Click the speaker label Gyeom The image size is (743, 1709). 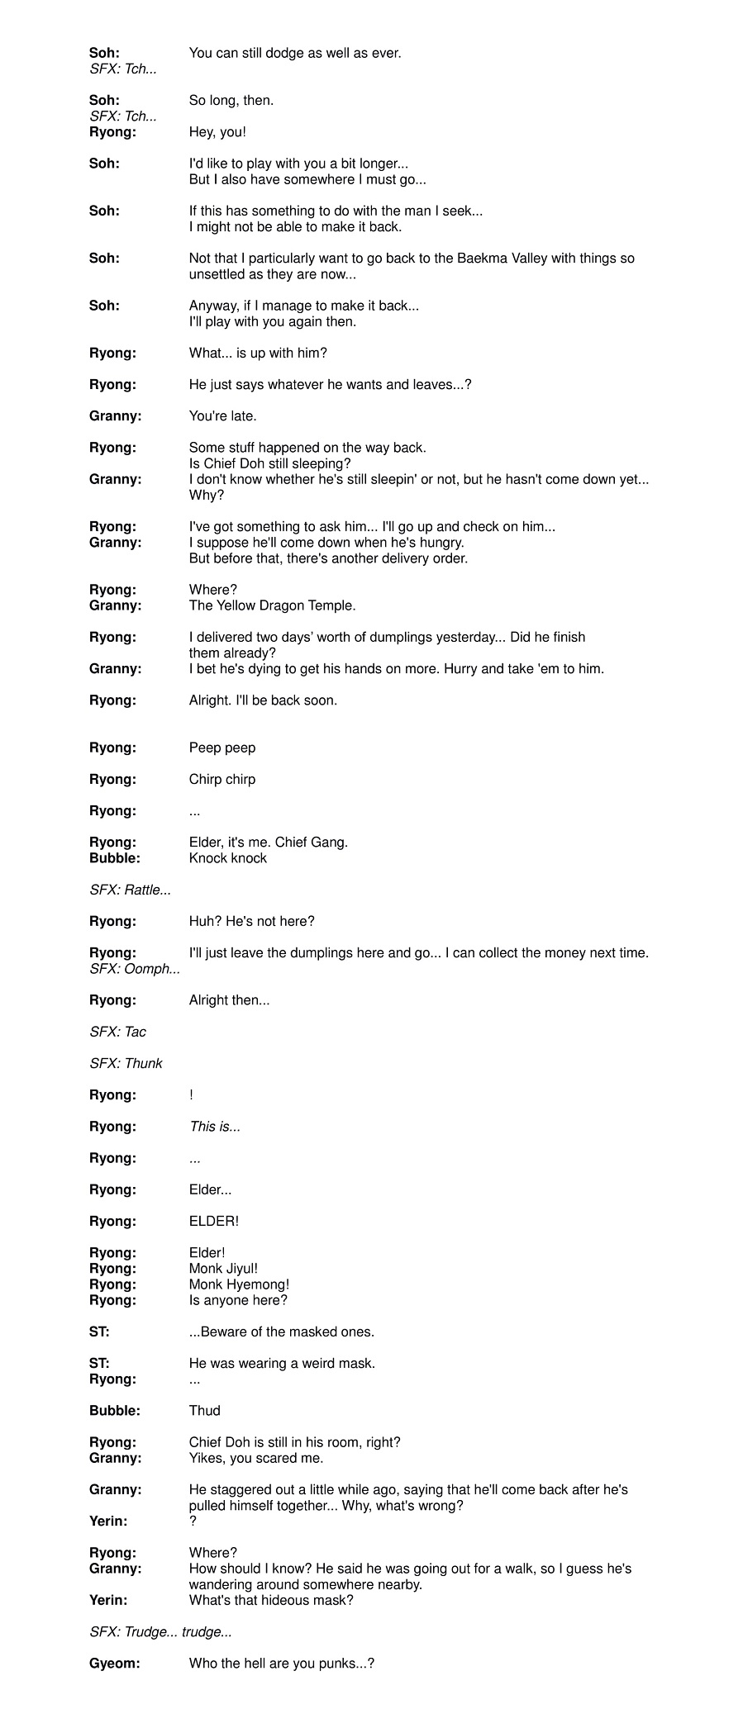coord(114,1664)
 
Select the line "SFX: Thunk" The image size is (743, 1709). coord(126,1063)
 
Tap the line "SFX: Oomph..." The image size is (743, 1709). coord(134,968)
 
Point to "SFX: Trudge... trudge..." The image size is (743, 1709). coord(160,1631)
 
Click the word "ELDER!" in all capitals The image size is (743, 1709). coord(213,1221)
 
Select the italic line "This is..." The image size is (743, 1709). coord(215,1127)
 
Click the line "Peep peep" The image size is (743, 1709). coord(222,748)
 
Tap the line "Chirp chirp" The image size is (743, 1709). coord(222,779)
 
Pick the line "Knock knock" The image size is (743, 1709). coord(228,858)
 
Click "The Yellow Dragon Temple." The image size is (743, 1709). coord(272,605)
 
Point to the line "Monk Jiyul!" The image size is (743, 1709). coord(223,1268)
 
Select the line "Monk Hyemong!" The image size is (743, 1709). coord(239,1284)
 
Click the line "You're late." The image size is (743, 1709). coord(222,415)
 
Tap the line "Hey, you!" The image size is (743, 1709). coord(217,132)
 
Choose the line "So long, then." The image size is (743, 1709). coord(231,100)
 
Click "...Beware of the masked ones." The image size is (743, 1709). coord(282,1332)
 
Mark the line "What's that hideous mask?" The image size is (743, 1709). coord(271,1600)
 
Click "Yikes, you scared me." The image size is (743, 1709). coord(256,1458)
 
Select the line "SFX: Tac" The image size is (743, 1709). coord(117,1032)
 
